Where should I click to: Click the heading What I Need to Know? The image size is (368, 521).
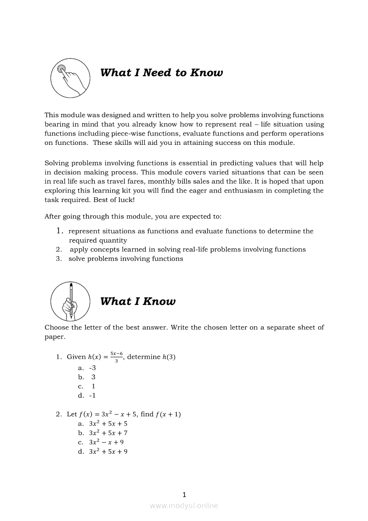(161, 73)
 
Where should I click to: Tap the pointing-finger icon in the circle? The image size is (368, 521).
(69, 79)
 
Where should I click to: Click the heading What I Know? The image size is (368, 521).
(138, 301)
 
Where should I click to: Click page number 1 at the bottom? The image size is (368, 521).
(184, 494)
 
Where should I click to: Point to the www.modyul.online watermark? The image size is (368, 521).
(184, 505)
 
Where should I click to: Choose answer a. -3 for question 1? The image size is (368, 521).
(87, 368)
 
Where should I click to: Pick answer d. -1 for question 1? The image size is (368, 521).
(87, 395)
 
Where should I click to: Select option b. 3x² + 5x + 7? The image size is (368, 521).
(103, 433)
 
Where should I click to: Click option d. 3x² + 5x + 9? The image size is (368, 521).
(103, 451)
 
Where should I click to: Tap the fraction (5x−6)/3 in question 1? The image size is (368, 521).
(116, 357)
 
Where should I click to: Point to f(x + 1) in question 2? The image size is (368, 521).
(168, 414)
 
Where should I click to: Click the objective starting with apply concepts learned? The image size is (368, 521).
(187, 250)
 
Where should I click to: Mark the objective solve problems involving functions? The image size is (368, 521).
(126, 258)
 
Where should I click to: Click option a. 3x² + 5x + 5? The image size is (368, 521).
(103, 423)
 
